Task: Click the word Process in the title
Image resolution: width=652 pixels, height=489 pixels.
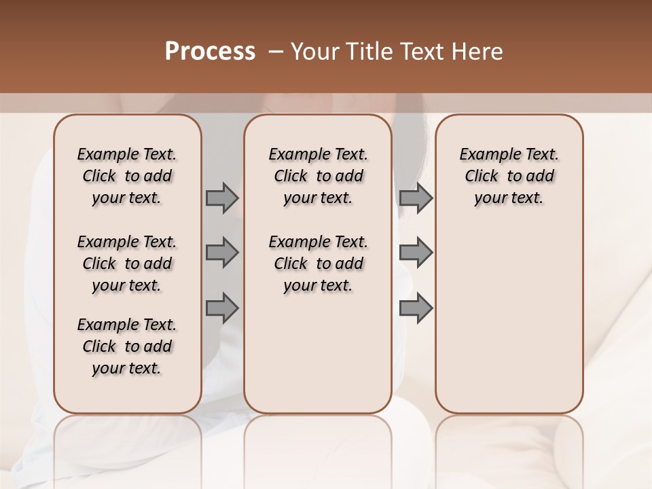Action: click(x=210, y=52)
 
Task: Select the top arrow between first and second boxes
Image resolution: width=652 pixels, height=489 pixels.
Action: click(x=222, y=198)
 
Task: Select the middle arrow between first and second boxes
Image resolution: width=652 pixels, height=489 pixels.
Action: click(x=222, y=253)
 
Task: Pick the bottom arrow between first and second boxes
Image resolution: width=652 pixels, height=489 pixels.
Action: click(x=222, y=308)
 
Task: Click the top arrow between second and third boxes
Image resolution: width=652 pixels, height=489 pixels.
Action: click(x=416, y=198)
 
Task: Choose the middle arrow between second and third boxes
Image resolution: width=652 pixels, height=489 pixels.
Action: click(x=416, y=253)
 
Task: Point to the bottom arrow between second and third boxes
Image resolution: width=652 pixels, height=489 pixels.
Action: click(x=416, y=308)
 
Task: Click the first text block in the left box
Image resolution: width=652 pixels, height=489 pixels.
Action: click(x=127, y=176)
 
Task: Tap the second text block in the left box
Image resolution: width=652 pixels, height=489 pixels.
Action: click(x=127, y=264)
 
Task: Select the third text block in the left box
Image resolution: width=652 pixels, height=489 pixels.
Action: click(x=127, y=346)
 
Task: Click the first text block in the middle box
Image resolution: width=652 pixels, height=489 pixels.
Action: click(x=318, y=176)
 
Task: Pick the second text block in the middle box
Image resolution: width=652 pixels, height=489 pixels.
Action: click(x=318, y=264)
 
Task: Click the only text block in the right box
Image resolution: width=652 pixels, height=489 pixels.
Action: click(x=509, y=176)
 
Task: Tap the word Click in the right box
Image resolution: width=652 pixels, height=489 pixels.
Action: click(x=482, y=177)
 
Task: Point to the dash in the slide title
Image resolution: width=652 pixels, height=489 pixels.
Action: click(x=276, y=52)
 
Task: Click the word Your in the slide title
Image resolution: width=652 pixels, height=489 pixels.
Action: click(x=315, y=52)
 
